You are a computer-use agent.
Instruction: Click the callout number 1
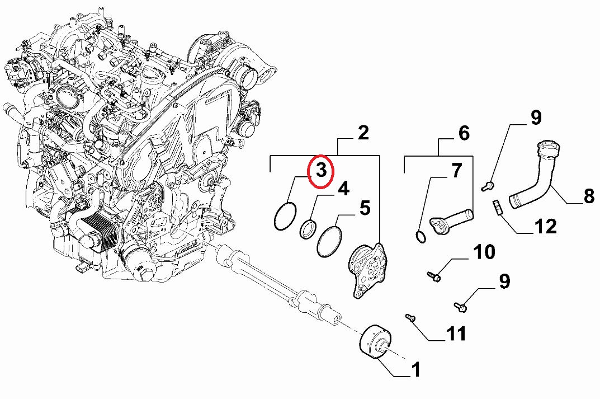(415, 370)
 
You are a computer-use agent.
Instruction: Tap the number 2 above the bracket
(363, 133)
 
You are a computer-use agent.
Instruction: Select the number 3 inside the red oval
(322, 170)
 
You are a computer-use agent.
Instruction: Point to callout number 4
(343, 189)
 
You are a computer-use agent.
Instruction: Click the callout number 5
(365, 208)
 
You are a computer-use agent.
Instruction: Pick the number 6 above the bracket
(464, 133)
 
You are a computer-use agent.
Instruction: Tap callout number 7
(457, 170)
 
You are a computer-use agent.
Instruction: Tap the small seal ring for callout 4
(308, 229)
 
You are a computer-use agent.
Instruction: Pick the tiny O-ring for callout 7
(421, 237)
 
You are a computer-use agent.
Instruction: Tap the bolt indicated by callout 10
(435, 276)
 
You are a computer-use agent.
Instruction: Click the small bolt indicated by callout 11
(409, 317)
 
